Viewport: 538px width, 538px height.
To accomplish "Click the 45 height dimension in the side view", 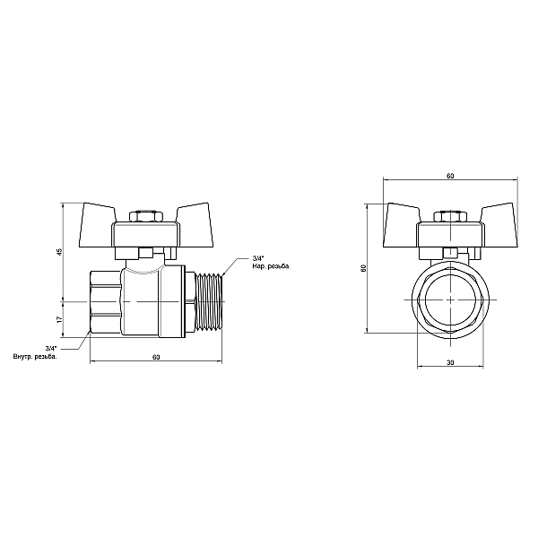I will (x=58, y=253).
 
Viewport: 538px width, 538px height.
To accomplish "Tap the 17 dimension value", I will (x=58, y=318).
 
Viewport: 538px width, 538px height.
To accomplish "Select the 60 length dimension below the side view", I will (x=156, y=358).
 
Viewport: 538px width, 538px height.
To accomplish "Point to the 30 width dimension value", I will (x=450, y=362).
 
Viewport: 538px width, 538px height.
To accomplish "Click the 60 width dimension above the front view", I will (x=449, y=177).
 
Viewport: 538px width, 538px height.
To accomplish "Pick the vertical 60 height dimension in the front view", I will (x=363, y=268).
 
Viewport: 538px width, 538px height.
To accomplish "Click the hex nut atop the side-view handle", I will (x=143, y=217).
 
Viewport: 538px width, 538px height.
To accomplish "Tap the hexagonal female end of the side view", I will (x=106, y=302).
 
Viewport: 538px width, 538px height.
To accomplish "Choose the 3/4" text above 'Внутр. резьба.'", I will (x=50, y=349).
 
